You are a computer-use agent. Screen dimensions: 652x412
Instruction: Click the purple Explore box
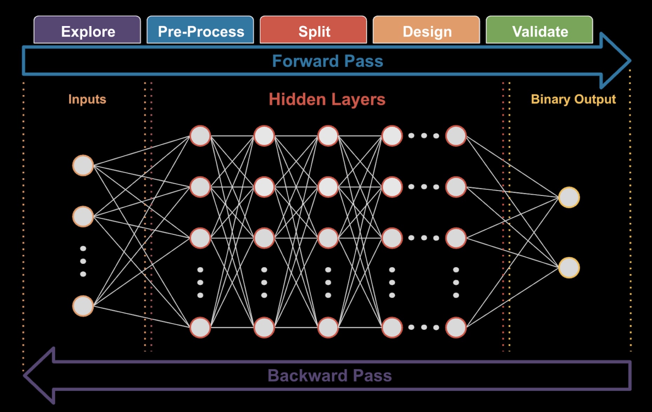pyautogui.click(x=87, y=30)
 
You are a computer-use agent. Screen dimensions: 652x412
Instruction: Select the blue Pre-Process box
pyautogui.click(x=200, y=30)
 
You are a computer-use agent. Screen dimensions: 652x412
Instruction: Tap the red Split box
pyautogui.click(x=313, y=30)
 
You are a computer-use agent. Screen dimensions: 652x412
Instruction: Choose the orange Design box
pyautogui.click(x=426, y=30)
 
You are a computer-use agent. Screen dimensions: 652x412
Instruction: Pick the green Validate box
pyautogui.click(x=539, y=30)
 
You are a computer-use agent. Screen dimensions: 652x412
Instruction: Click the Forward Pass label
pyautogui.click(x=327, y=61)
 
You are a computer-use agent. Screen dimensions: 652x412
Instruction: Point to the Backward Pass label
pyautogui.click(x=330, y=376)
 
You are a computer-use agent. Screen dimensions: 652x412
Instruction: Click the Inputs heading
pyautogui.click(x=87, y=99)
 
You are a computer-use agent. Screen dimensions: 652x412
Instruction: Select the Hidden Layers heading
pyautogui.click(x=327, y=99)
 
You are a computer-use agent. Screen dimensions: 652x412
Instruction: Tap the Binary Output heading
pyautogui.click(x=573, y=99)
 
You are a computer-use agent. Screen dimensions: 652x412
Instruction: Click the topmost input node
pyautogui.click(x=83, y=165)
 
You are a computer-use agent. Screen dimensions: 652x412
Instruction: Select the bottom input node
pyautogui.click(x=83, y=306)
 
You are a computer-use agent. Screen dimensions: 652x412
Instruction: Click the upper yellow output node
pyautogui.click(x=569, y=197)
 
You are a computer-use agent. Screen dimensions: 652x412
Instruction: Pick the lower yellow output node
pyautogui.click(x=569, y=268)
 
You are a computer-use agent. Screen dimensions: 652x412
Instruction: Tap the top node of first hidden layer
pyautogui.click(x=200, y=136)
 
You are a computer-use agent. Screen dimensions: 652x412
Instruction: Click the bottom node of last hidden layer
pyautogui.click(x=456, y=327)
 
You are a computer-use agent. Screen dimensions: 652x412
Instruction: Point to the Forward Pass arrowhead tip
pyautogui.click(x=631, y=61)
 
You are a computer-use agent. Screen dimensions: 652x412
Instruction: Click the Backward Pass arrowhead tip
pyautogui.click(x=23, y=375)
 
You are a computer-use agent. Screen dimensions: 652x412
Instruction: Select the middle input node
pyautogui.click(x=83, y=217)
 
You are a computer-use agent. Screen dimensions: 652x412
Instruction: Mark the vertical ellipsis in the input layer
pyautogui.click(x=83, y=261)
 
